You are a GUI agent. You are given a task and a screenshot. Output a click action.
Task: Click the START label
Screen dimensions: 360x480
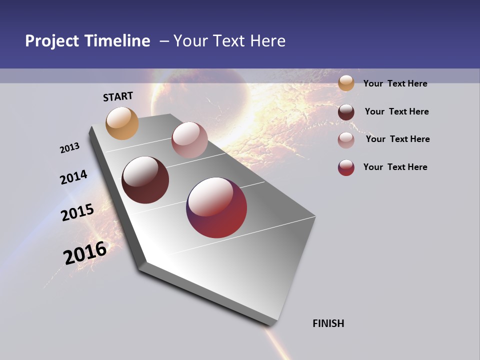pyautogui.click(x=118, y=96)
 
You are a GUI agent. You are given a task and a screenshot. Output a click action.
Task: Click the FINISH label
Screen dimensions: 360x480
pyautogui.click(x=328, y=323)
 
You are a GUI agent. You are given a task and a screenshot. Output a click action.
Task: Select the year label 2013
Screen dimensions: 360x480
pyautogui.click(x=70, y=148)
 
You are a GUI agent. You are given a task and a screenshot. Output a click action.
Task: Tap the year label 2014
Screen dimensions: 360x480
pyautogui.click(x=74, y=177)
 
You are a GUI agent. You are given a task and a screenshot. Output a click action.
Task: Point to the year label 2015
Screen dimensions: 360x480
pyautogui.click(x=77, y=212)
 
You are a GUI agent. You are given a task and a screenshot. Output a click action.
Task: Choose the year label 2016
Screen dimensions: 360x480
pyautogui.click(x=85, y=253)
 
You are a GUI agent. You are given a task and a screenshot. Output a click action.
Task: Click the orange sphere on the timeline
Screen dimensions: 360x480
pyautogui.click(x=122, y=123)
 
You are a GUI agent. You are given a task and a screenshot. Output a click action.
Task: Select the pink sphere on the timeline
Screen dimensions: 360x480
pyautogui.click(x=189, y=140)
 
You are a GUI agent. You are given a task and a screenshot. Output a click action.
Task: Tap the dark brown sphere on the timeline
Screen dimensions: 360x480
pyautogui.click(x=145, y=180)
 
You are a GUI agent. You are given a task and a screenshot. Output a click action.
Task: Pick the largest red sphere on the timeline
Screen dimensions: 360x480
pyautogui.click(x=216, y=207)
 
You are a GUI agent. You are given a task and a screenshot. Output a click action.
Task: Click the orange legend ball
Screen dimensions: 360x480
pyautogui.click(x=346, y=83)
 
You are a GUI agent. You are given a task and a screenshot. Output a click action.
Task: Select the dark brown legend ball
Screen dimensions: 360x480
pyautogui.click(x=346, y=112)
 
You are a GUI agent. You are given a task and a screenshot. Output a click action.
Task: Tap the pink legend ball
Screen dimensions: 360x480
pyautogui.click(x=346, y=139)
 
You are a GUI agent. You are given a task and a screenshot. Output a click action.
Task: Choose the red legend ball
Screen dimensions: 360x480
pyautogui.click(x=346, y=167)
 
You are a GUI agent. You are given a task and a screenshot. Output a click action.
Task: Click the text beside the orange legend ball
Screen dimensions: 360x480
pyautogui.click(x=395, y=83)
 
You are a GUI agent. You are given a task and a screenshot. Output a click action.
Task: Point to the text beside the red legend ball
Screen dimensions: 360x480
pyautogui.click(x=395, y=167)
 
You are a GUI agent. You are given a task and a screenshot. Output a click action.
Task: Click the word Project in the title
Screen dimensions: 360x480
pyautogui.click(x=52, y=41)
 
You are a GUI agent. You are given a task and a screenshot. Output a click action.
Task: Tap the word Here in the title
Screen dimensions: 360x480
pyautogui.click(x=267, y=41)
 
